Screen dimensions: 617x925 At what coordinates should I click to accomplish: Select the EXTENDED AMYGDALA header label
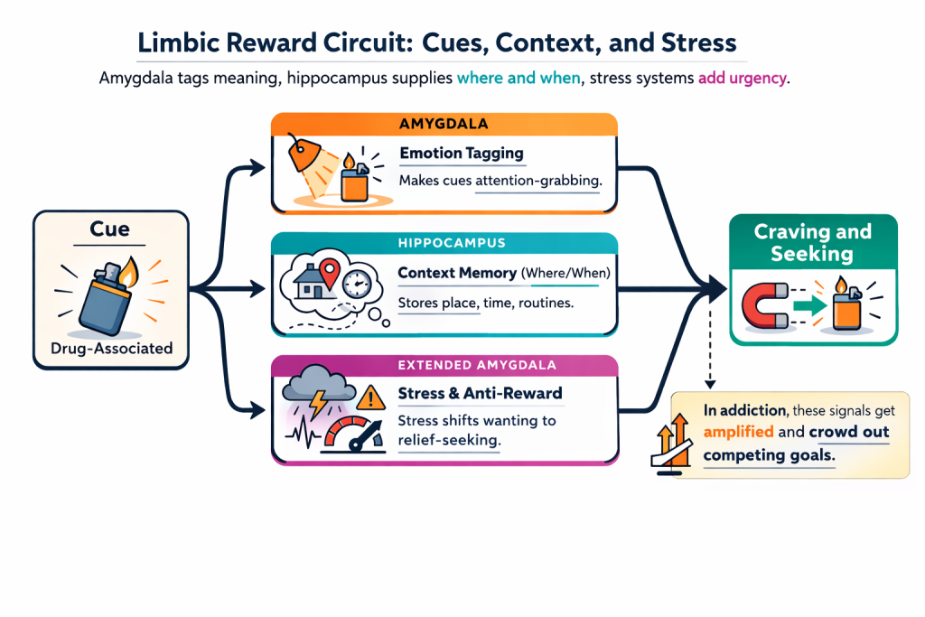[444, 366]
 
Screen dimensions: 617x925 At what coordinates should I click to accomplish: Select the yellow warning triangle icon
[370, 397]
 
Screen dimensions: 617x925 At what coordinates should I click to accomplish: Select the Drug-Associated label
[111, 347]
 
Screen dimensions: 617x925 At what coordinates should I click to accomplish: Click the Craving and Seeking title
[812, 243]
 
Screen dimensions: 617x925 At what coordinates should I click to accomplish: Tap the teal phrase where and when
[518, 79]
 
